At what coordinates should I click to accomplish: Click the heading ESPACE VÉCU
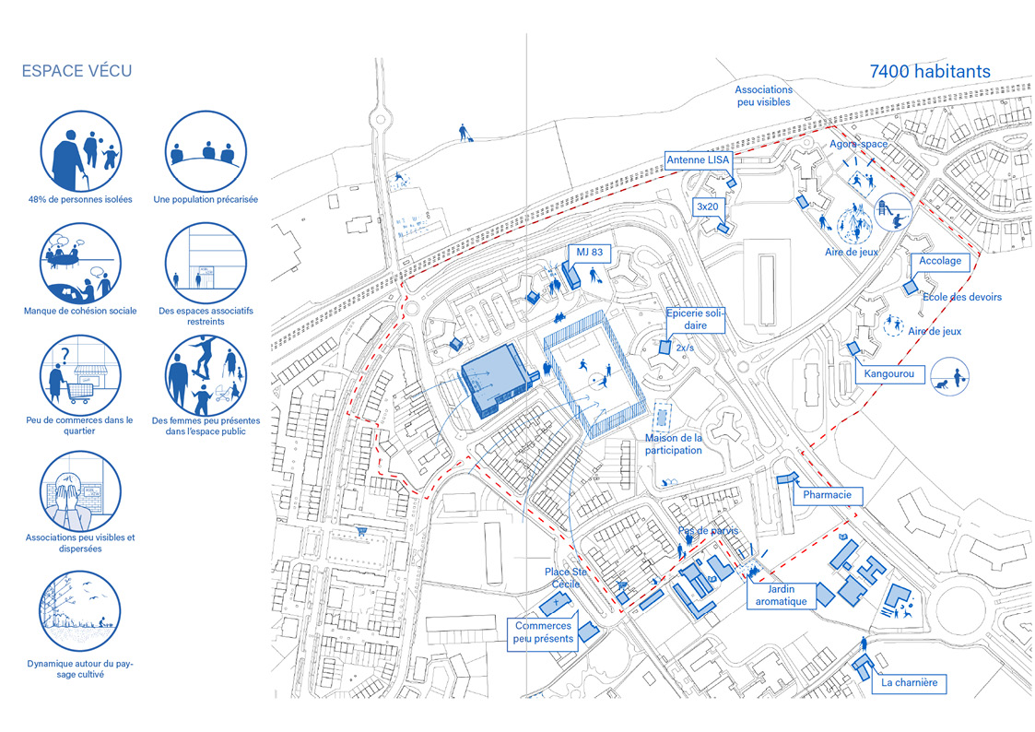[x=76, y=71]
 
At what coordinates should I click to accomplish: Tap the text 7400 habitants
[x=930, y=71]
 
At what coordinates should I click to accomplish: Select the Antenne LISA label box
[x=698, y=160]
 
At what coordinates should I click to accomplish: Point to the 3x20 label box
[x=708, y=207]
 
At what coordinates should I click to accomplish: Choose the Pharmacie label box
[x=830, y=495]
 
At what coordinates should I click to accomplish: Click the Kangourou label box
[x=889, y=374]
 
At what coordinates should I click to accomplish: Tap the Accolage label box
[x=940, y=261]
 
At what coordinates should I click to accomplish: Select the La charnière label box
[x=909, y=683]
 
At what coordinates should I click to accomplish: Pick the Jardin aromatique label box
[x=781, y=595]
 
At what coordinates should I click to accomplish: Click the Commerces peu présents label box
[x=544, y=632]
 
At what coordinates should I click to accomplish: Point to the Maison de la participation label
[x=673, y=444]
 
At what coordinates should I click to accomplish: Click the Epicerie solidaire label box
[x=695, y=320]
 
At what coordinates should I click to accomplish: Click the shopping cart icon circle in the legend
[x=80, y=374]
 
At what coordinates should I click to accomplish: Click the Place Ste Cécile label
[x=565, y=578]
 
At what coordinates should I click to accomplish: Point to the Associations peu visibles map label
[x=763, y=96]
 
